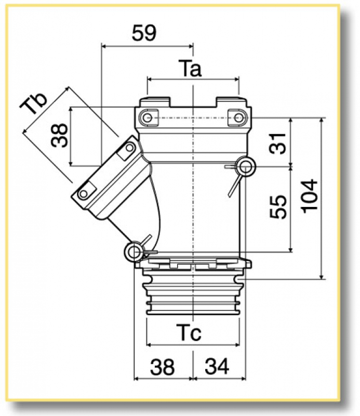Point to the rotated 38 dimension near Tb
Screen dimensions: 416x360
(x=60, y=137)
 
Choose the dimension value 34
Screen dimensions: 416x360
(x=217, y=368)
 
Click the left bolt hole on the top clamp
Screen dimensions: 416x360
(x=149, y=118)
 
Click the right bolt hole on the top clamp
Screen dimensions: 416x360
(x=238, y=118)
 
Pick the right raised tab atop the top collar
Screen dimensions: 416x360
(x=229, y=101)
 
